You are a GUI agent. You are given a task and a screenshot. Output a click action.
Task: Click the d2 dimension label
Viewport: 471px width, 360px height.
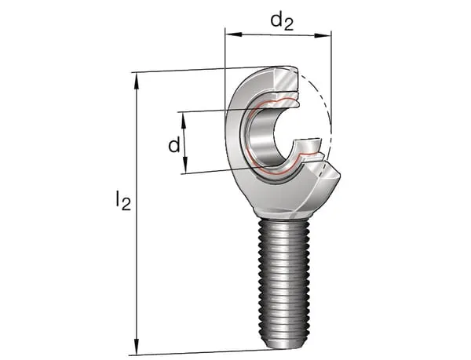click(281, 20)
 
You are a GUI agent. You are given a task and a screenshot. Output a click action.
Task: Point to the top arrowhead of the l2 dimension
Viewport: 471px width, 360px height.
click(137, 77)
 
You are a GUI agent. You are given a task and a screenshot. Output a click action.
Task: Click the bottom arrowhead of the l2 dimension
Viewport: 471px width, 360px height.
click(137, 350)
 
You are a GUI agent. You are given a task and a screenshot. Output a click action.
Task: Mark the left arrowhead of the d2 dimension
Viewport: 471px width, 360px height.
click(229, 34)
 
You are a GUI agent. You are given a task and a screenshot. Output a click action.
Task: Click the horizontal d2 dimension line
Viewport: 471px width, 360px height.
click(278, 34)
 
